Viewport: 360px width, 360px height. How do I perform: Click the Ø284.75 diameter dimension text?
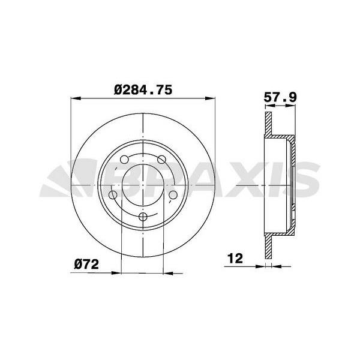click(143, 90)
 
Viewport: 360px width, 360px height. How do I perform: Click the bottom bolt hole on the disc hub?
click(143, 218)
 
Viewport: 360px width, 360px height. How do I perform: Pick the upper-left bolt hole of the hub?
click(124, 160)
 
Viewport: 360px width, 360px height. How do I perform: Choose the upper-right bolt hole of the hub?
click(161, 160)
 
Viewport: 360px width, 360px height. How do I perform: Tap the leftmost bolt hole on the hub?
click(113, 196)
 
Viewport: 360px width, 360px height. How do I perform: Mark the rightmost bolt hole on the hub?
click(173, 196)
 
